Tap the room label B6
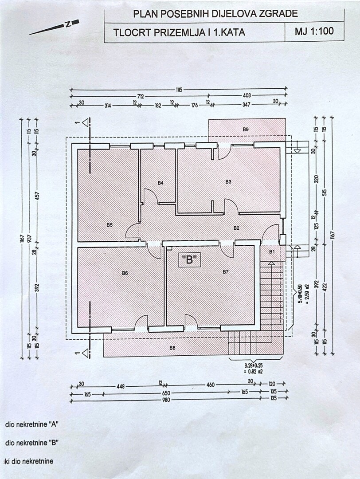tap(125, 273)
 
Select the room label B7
tap(225, 271)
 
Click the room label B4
tap(160, 182)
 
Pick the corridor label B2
tap(237, 228)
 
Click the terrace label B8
tap(172, 348)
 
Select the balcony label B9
tap(246, 129)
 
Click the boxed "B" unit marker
tap(190, 260)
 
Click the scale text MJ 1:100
tap(314, 32)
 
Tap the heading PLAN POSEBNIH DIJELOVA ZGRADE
tap(215, 14)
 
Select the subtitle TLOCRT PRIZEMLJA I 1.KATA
tap(179, 32)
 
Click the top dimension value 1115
tap(179, 89)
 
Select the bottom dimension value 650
tap(166, 393)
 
